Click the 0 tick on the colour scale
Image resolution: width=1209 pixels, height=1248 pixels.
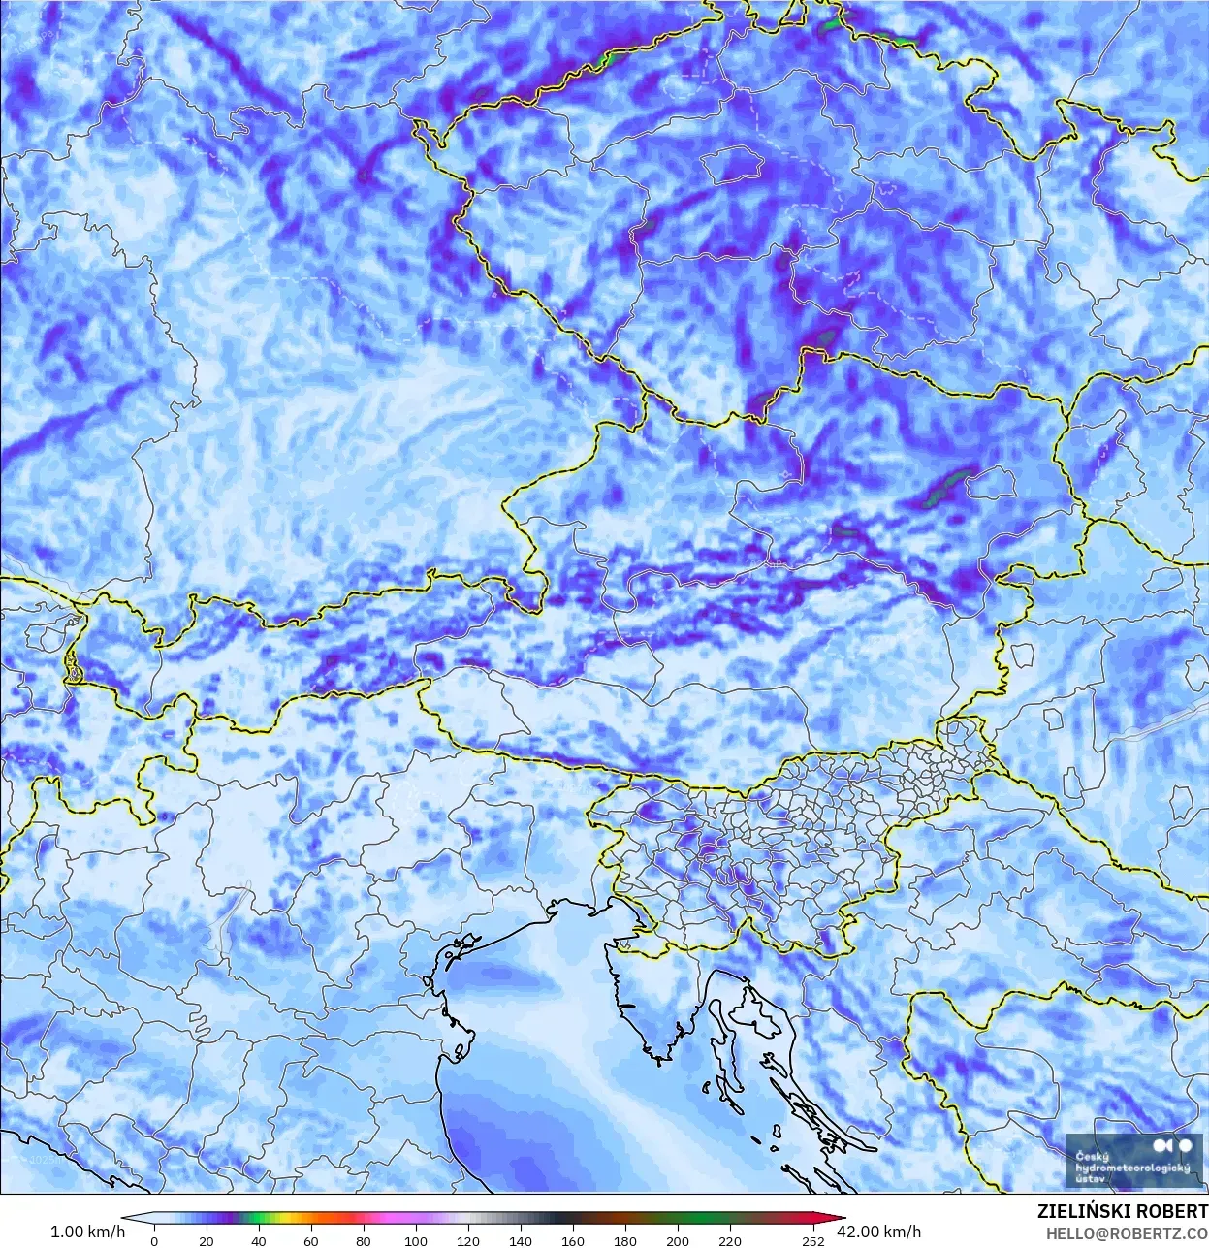(154, 1240)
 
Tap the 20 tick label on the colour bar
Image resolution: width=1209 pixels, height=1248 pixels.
(206, 1240)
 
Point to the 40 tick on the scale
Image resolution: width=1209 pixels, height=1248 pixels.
(258, 1240)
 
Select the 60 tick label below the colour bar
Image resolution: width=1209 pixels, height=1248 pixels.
(310, 1240)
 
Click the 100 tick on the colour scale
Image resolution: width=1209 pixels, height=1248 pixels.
(415, 1240)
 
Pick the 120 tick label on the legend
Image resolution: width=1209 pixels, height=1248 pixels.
(467, 1240)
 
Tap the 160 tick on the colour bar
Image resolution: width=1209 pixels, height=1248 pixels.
(572, 1240)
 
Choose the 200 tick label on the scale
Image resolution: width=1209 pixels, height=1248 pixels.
(677, 1240)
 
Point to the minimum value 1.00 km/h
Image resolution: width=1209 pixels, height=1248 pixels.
(87, 1232)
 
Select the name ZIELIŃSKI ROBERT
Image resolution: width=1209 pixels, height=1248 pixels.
(1122, 1212)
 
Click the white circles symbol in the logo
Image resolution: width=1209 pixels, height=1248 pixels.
(1176, 1146)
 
